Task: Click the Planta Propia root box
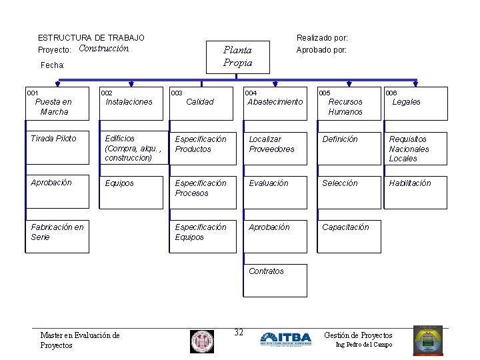[237, 56]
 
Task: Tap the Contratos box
[276, 280]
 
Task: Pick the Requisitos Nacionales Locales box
[414, 148]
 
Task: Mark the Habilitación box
[414, 192]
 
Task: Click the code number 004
[251, 93]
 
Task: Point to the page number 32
[239, 333]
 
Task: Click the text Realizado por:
[322, 38]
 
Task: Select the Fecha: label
[53, 65]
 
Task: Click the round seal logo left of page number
[202, 341]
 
